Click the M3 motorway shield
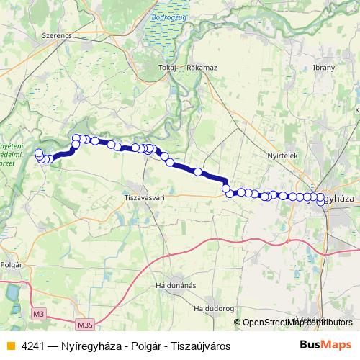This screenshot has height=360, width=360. pyautogui.click(x=38, y=315)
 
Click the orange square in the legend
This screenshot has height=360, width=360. pyautogui.click(x=9, y=346)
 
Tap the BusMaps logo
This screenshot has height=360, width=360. pyautogui.click(x=326, y=345)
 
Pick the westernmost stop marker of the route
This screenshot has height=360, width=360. pyautogui.click(x=38, y=153)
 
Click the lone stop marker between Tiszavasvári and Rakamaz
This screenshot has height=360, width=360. pyautogui.click(x=197, y=172)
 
